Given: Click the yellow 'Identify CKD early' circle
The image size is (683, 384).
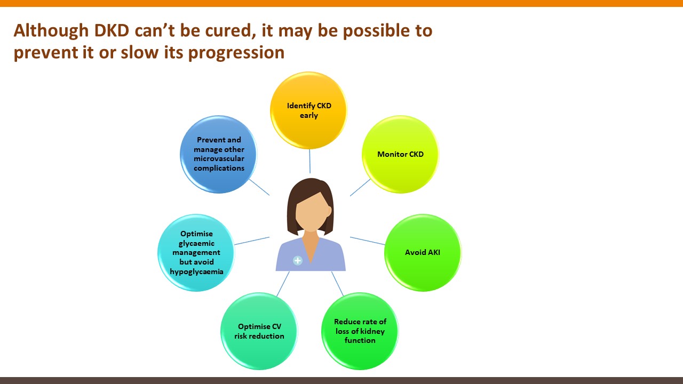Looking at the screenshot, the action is click(x=308, y=110).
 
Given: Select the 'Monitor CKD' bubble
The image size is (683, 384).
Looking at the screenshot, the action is click(x=400, y=154).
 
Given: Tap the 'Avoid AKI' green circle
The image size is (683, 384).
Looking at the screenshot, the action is click(x=423, y=253).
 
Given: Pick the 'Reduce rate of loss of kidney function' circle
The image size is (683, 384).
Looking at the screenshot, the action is click(x=360, y=331).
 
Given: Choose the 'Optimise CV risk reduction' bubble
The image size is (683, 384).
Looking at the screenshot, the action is click(x=259, y=331).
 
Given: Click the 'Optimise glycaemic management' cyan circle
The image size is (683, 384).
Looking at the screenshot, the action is click(x=196, y=253).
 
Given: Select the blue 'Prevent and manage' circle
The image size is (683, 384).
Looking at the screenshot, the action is click(x=219, y=154).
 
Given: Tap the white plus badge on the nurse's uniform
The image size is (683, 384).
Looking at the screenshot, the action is click(x=298, y=261).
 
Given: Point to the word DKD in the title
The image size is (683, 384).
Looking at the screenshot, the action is click(x=112, y=30).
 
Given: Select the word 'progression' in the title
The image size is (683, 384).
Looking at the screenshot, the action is click(x=236, y=53).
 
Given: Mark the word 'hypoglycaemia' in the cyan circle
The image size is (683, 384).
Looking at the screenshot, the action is click(x=196, y=271).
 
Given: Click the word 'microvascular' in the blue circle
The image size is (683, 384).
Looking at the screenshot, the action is click(x=219, y=158).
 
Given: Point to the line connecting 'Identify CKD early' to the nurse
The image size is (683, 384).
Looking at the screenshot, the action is click(x=310, y=161).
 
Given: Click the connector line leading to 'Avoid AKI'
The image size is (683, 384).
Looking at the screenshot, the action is click(x=368, y=241).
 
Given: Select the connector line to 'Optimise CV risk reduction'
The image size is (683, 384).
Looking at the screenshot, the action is click(x=283, y=284).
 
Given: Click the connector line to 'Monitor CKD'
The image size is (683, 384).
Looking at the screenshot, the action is click(x=360, y=187).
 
